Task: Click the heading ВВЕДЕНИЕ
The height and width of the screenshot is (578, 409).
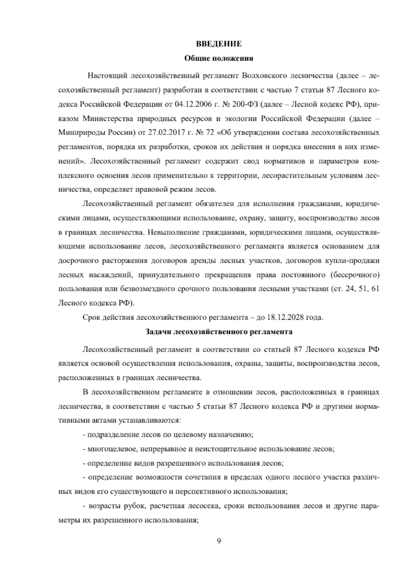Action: pos(219,44)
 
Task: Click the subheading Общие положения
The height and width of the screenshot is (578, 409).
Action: pos(218,58)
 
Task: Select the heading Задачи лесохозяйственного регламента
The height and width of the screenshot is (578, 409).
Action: pos(218,331)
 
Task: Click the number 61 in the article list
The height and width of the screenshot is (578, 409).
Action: pos(375,289)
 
